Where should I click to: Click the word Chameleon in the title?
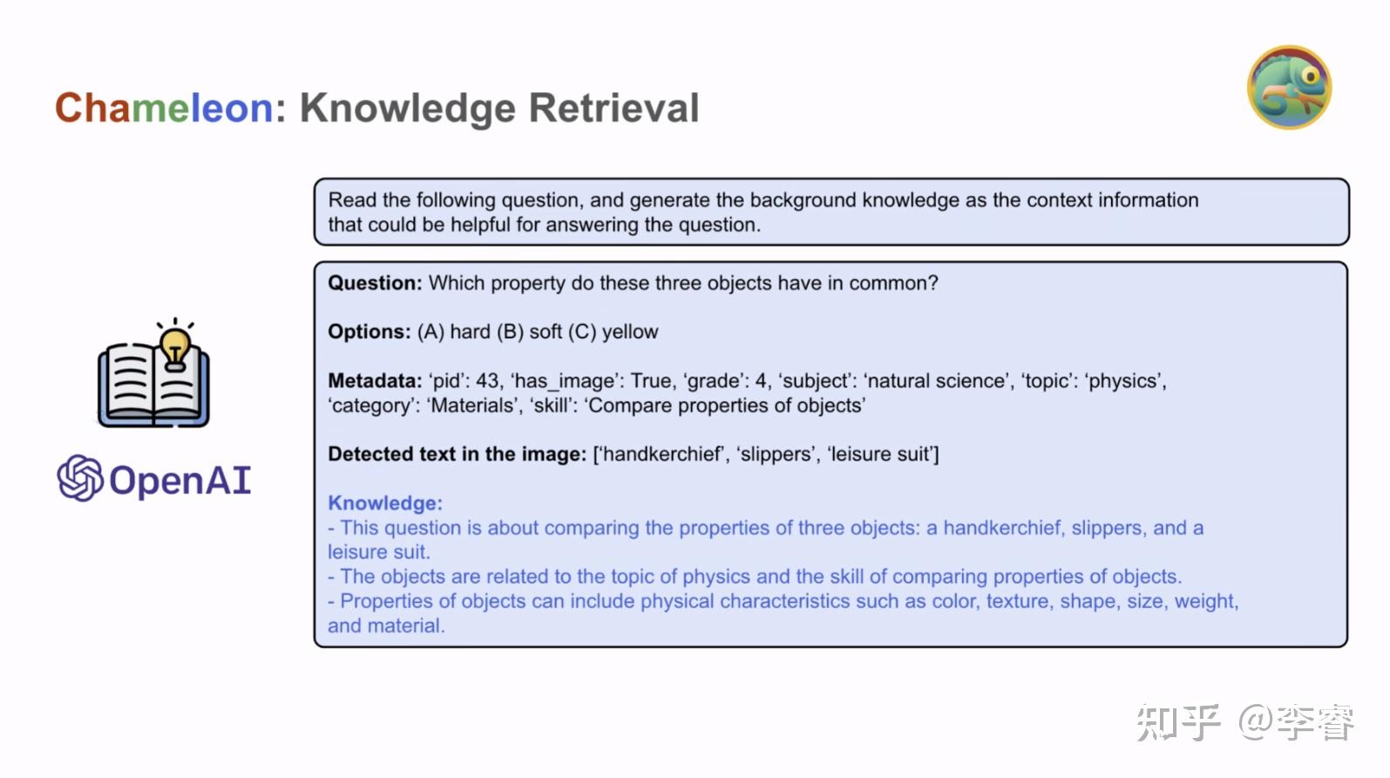pos(164,108)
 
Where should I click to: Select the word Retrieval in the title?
pos(614,108)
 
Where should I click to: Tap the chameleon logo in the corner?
pos(1289,87)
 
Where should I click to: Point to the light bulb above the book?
pos(175,344)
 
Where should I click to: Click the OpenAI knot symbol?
pos(80,478)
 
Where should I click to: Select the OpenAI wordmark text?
pos(180,480)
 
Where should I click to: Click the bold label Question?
pos(375,283)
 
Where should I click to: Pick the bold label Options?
pos(369,332)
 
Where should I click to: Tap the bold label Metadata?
pos(375,381)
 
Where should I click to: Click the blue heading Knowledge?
pos(385,503)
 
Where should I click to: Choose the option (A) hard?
pos(453,332)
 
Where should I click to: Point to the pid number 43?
pos(487,381)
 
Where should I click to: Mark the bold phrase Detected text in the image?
pos(457,454)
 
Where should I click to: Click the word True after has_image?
pos(651,381)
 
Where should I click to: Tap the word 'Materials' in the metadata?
pos(473,405)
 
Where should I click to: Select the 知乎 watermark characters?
pos(1178,722)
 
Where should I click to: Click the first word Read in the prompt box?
pos(352,200)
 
